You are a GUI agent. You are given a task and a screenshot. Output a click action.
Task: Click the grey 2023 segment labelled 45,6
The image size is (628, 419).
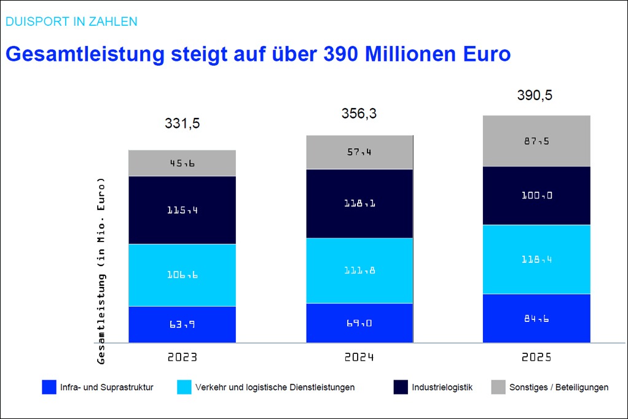coord(182,163)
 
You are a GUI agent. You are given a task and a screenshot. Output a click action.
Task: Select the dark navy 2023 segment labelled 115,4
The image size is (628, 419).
coord(182,210)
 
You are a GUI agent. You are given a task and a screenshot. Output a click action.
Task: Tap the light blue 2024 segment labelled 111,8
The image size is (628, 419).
coord(359,271)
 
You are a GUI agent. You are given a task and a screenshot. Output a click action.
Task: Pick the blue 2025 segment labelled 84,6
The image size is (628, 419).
coord(536,318)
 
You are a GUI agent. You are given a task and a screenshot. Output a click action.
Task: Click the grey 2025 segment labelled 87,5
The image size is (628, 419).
coord(536,141)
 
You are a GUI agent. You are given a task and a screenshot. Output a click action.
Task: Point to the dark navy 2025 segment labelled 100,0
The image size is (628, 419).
coord(536,195)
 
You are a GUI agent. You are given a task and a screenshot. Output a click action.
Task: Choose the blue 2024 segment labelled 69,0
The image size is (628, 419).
coord(359,323)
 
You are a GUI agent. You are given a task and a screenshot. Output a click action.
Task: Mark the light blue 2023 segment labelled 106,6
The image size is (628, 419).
coord(182,275)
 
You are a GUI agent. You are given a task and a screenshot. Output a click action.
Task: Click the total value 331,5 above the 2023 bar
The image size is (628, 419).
coord(182,123)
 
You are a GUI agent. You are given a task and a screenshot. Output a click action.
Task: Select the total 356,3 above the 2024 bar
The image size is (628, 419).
coord(359,114)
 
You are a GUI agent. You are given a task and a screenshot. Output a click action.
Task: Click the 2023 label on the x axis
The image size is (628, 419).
coord(182,357)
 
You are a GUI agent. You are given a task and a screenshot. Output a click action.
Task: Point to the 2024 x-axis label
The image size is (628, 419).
coord(359,357)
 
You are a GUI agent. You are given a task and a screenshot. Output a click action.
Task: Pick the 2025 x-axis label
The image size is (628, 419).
coord(536,357)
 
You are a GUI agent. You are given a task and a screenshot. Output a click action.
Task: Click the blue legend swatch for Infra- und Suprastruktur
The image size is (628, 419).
coord(49,387)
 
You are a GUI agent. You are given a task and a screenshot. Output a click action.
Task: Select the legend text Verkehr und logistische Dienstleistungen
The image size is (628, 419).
coord(275,387)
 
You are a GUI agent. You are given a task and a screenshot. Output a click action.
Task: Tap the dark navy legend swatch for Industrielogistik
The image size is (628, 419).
coord(401,387)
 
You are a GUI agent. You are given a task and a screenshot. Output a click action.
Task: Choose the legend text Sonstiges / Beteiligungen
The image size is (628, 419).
coord(559,387)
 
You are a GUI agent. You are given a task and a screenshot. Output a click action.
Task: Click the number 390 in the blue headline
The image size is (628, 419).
coord(342,53)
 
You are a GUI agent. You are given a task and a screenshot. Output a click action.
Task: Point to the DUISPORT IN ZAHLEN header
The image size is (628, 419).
coord(71,22)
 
